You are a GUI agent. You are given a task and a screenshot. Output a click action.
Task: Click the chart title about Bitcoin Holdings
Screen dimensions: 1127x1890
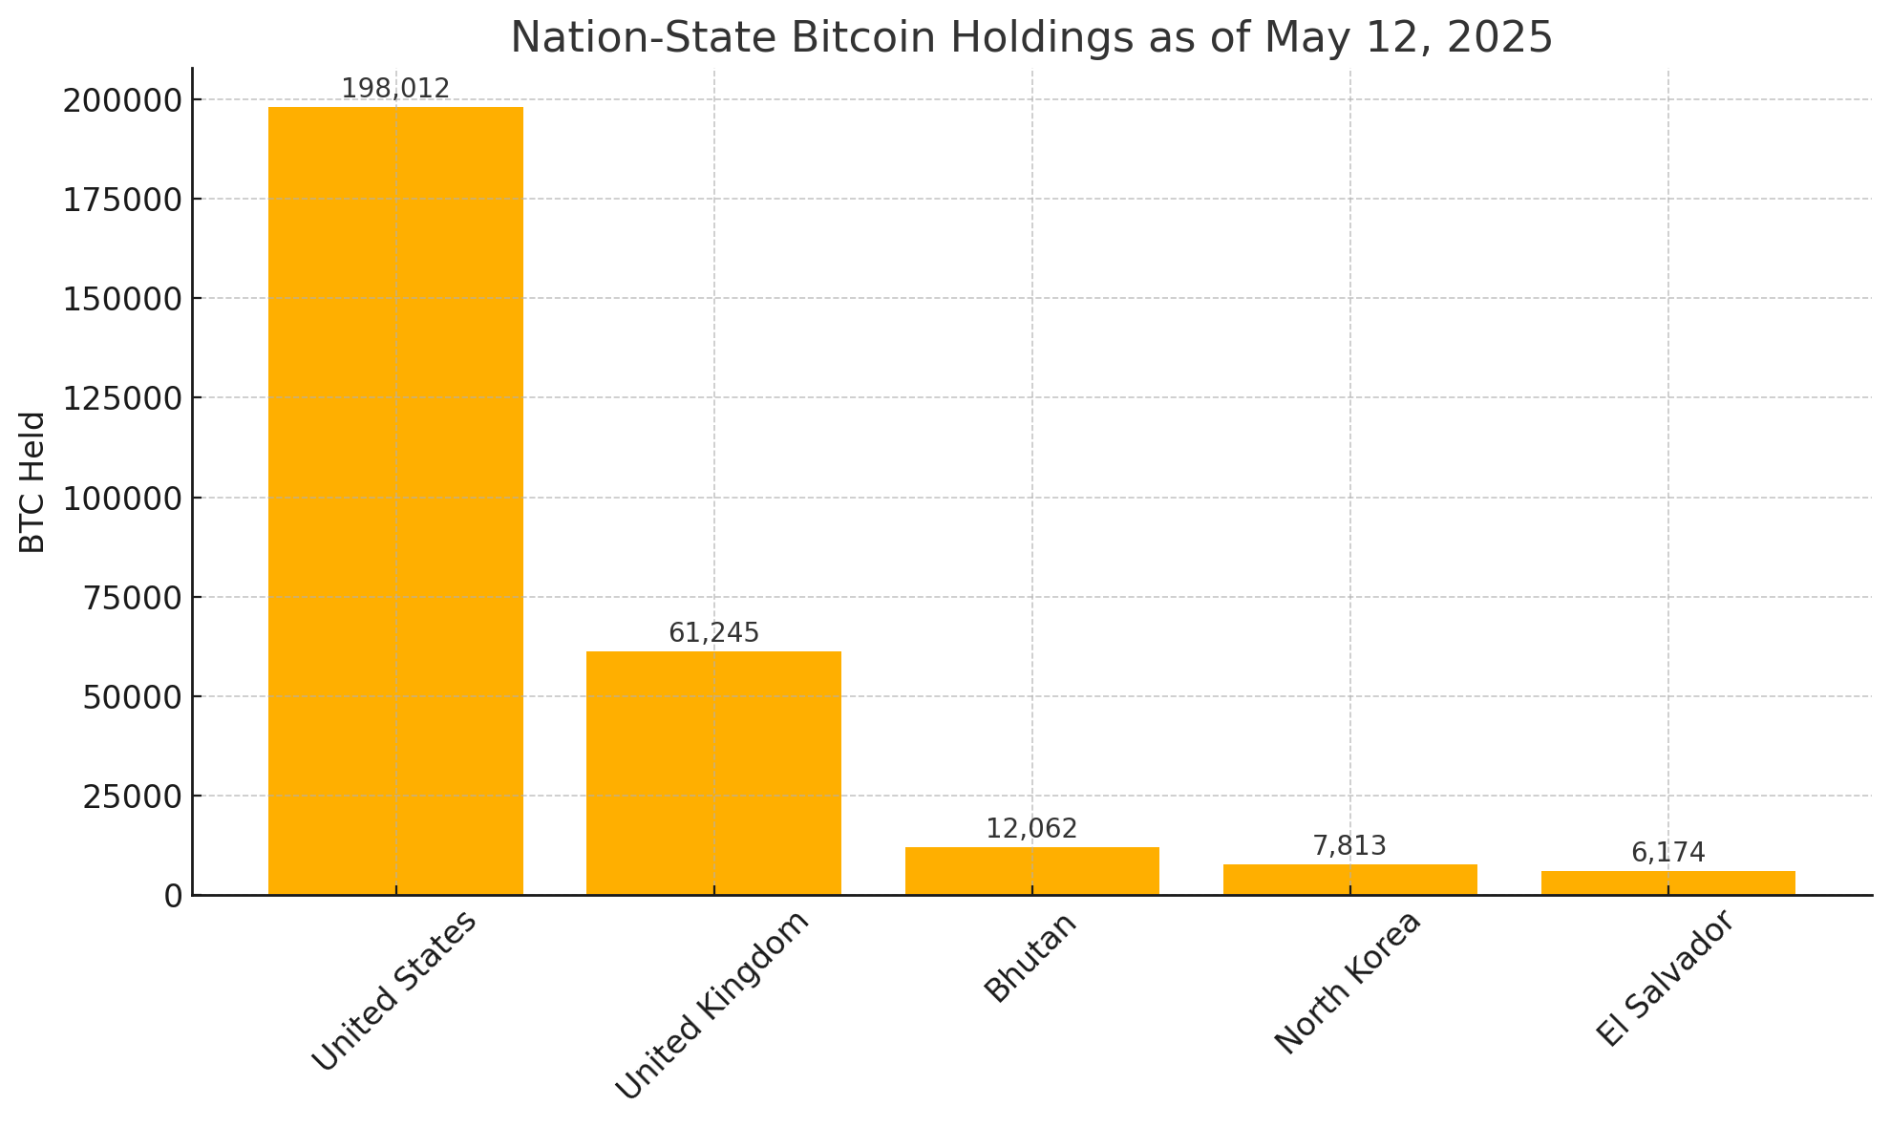(1031, 38)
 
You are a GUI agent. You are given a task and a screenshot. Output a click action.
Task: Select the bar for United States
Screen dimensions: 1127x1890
(395, 500)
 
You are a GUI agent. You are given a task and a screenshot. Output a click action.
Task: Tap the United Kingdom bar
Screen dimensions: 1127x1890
(713, 773)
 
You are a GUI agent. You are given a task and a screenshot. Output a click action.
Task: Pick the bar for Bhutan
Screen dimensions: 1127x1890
(1031, 871)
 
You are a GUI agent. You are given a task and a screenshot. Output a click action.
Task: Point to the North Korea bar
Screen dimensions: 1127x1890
(1349, 880)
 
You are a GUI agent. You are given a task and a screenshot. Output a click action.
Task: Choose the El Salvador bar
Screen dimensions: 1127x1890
(1667, 882)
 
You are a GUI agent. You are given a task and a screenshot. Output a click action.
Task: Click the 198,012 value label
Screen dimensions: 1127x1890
(395, 89)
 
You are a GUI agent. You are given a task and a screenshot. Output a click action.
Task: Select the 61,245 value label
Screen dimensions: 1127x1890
(713, 633)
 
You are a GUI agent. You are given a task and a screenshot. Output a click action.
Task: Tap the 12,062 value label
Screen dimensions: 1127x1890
(1031, 829)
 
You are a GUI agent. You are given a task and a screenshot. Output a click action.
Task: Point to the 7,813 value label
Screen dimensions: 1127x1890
(1349, 846)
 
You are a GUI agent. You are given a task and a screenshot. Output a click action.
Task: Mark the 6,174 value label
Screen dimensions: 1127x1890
(1667, 853)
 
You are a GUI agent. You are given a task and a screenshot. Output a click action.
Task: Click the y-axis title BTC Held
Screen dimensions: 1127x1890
(33, 482)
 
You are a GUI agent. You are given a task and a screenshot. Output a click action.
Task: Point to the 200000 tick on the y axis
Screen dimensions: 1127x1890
(122, 100)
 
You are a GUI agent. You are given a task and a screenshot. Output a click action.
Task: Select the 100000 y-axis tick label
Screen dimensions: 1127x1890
(122, 499)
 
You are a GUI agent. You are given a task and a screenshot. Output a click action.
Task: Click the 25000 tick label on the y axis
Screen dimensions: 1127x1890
(132, 797)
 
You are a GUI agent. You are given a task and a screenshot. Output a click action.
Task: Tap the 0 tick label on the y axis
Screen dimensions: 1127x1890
(173, 896)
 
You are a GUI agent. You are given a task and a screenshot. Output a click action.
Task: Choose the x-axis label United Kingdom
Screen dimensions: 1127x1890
(712, 1005)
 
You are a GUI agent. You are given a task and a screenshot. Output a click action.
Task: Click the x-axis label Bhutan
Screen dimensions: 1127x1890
(1031, 957)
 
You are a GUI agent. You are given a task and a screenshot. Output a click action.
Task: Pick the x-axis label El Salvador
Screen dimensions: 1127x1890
(1665, 979)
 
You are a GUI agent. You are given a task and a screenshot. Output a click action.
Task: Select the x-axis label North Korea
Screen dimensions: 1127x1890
(1348, 983)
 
